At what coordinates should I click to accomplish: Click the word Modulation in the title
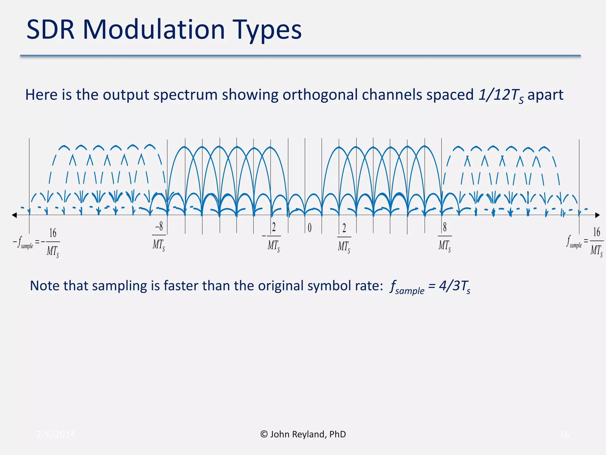[154, 30]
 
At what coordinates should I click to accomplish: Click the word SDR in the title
[50, 30]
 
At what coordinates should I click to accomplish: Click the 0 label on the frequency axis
[310, 228]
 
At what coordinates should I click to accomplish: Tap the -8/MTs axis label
[159, 237]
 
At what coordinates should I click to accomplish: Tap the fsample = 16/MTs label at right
[584, 241]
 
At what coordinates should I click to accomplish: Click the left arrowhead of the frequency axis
[14, 215]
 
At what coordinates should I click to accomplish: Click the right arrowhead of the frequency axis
[597, 215]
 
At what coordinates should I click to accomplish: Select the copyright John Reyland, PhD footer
[303, 434]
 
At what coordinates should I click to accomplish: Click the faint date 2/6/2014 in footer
[56, 434]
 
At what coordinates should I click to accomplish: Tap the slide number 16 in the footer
[565, 434]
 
